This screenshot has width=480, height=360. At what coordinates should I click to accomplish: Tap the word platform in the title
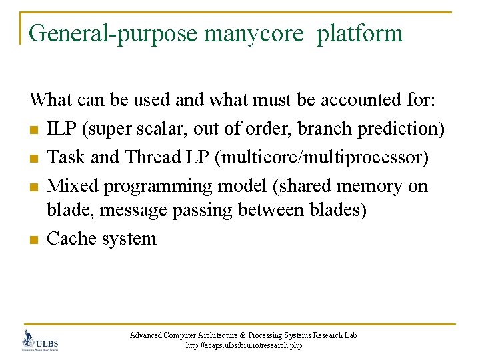pyautogui.click(x=360, y=33)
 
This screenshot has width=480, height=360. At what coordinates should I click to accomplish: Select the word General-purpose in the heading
pyautogui.click(x=113, y=33)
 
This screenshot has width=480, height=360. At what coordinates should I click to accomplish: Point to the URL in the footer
pyautogui.click(x=244, y=345)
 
